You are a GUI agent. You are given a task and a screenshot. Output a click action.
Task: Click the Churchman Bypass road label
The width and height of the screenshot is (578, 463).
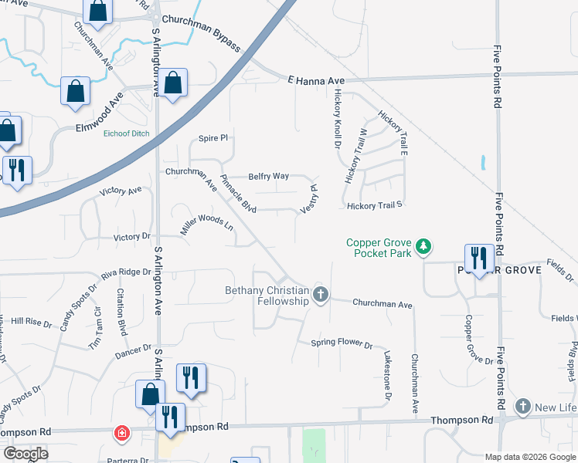click(200, 35)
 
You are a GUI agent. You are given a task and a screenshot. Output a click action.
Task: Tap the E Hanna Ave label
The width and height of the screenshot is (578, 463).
click(315, 79)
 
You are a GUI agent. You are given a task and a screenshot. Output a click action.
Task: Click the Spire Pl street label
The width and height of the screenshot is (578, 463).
click(213, 138)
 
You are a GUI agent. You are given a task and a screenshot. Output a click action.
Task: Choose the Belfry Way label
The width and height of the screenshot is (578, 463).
click(268, 176)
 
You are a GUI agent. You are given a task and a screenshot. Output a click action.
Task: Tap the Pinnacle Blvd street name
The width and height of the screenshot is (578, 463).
click(238, 195)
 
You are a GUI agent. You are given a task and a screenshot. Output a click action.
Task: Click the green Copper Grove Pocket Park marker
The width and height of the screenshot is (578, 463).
click(423, 247)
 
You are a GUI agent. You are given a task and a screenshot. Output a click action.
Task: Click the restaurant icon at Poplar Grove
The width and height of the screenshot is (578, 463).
click(479, 258)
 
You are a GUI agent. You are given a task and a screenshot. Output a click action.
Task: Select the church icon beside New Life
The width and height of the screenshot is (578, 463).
click(523, 407)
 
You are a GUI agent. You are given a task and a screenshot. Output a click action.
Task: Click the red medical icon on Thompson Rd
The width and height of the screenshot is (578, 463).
click(121, 433)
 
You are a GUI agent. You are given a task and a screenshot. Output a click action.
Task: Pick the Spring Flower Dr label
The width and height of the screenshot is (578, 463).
click(342, 343)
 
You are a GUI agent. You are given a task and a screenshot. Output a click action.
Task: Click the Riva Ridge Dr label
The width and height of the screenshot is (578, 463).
click(125, 272)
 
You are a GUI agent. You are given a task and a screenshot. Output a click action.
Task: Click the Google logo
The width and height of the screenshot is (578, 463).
click(25, 454)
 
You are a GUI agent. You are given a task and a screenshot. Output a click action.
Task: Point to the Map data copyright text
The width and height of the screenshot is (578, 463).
click(529, 457)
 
